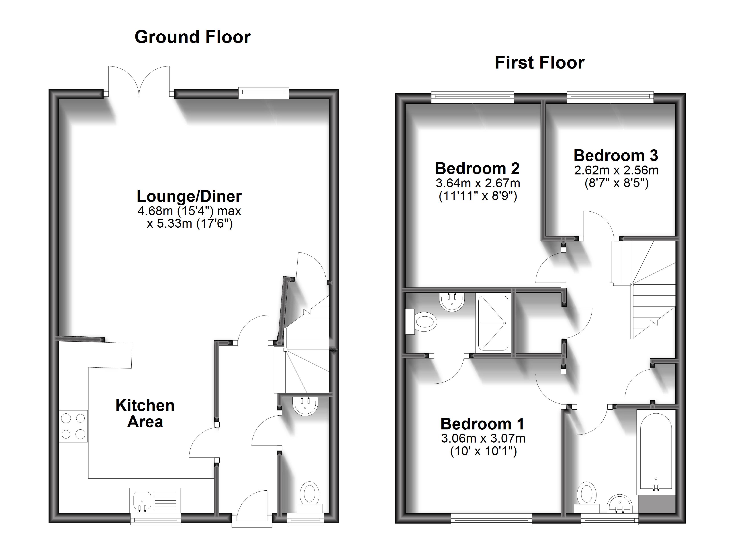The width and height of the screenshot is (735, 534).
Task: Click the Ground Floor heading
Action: click(x=192, y=37)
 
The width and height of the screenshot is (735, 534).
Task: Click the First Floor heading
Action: click(x=540, y=63)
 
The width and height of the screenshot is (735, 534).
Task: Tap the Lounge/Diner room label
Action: click(x=189, y=196)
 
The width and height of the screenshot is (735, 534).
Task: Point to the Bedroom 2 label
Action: click(x=477, y=168)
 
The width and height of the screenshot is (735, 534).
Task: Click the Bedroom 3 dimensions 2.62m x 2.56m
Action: click(x=616, y=170)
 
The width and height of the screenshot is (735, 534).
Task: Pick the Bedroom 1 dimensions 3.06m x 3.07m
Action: click(x=483, y=439)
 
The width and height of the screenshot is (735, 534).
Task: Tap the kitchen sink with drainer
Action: click(x=155, y=501)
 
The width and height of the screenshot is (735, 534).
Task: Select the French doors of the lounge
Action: click(x=139, y=81)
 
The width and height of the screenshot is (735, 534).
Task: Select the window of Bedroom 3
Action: click(x=610, y=97)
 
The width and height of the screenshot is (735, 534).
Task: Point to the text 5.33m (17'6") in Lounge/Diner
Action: click(x=190, y=223)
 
